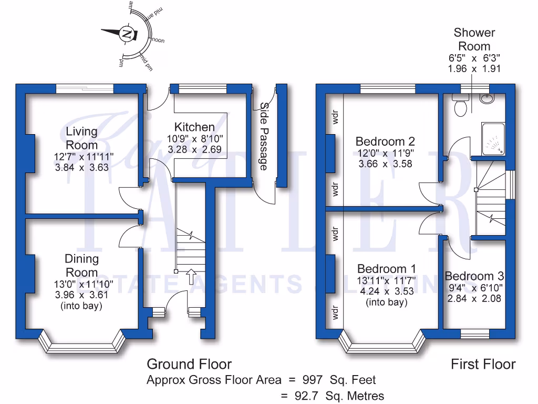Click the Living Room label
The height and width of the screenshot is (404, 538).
tap(81, 138)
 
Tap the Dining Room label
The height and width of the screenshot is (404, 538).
tap(81, 265)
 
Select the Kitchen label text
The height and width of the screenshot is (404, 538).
tap(194, 127)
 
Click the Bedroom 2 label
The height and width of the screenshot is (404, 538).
tap(385, 141)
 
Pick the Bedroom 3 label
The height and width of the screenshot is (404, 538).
tap(474, 276)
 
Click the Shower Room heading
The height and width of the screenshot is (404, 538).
tap(474, 39)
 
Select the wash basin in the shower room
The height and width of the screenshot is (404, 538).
tap(487, 98)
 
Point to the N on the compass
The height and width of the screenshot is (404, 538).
tap(127, 35)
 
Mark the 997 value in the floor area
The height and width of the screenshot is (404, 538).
tap(313, 379)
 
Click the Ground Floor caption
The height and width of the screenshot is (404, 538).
tap(189, 364)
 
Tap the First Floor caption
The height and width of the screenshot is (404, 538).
tap(483, 364)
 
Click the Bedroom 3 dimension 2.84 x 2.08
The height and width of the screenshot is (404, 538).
tap(474, 298)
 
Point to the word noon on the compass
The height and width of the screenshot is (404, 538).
tap(158, 40)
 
